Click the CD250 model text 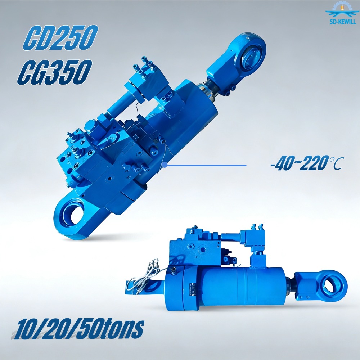[x=60, y=38]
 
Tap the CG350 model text [x=55, y=72]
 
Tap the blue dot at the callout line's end [x=165, y=165]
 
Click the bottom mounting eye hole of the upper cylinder [x=72, y=213]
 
